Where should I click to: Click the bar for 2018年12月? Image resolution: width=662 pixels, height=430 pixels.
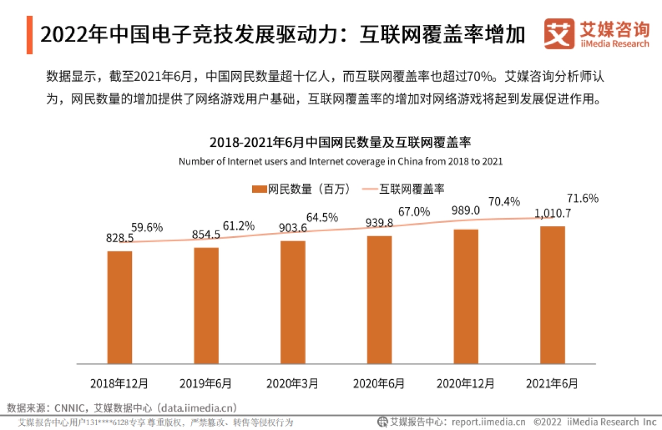click(x=120, y=307)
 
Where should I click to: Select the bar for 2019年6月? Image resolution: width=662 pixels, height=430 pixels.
click(x=206, y=306)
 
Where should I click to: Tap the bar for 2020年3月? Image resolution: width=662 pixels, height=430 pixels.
click(x=292, y=302)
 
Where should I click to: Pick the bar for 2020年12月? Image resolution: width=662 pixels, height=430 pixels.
click(x=466, y=296)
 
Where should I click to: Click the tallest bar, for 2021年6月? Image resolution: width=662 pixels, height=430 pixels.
click(x=553, y=295)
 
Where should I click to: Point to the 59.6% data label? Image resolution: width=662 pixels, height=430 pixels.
click(x=147, y=227)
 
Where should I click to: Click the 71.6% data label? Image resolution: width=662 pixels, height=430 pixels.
click(x=583, y=199)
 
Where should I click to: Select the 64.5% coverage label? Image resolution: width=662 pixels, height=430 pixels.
click(x=322, y=217)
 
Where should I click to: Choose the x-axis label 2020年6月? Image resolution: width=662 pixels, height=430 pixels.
click(x=379, y=383)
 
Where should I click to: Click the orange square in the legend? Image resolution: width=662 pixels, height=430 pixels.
click(x=259, y=189)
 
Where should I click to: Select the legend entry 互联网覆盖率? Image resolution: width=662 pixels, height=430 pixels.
click(x=411, y=189)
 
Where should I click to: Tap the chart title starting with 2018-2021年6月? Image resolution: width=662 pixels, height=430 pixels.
click(x=340, y=142)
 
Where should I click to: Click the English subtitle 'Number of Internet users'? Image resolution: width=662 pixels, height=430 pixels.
click(x=340, y=162)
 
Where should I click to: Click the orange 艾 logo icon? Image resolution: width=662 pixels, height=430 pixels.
click(x=559, y=34)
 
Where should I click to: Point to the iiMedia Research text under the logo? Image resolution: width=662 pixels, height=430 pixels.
click(x=615, y=44)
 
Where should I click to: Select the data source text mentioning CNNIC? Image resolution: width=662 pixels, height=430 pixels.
click(x=122, y=408)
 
